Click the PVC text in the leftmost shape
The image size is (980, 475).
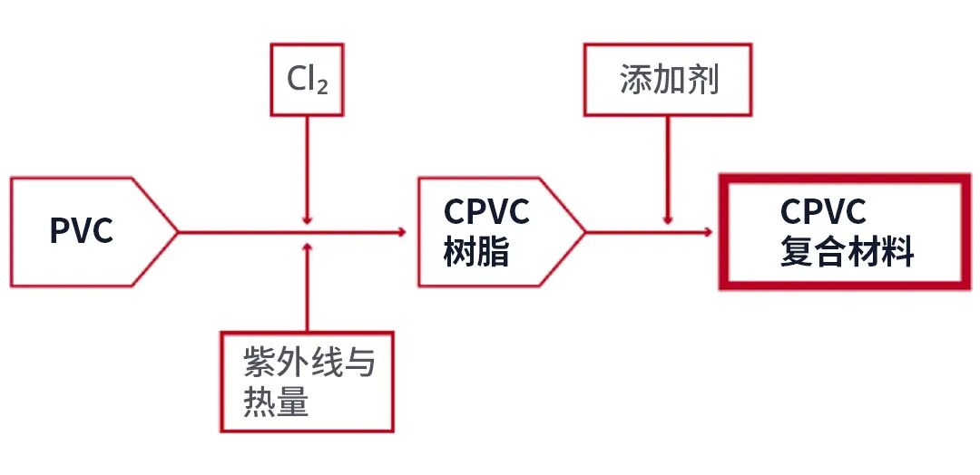[x=82, y=232]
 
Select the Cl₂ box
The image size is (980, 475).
[x=308, y=79]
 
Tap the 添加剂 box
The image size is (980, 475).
[x=669, y=79]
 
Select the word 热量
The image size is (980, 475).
[x=276, y=402]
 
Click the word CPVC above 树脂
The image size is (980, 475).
[x=486, y=212]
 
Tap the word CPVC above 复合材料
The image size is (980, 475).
[x=824, y=212]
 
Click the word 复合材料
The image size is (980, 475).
[x=847, y=253]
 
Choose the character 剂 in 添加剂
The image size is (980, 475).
[x=703, y=80]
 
